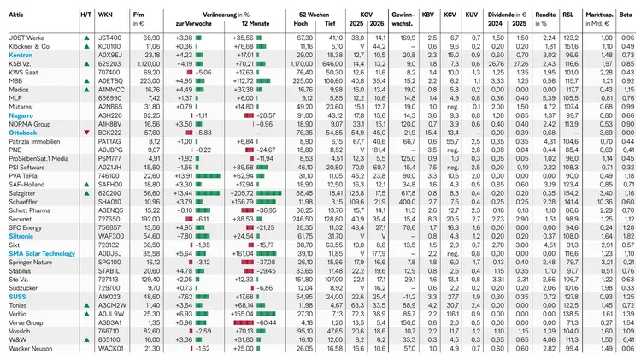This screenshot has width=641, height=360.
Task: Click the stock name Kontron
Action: pos(22,55)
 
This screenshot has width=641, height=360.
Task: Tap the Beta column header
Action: pos(627,15)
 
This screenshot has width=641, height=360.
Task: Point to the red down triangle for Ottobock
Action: pos(85,133)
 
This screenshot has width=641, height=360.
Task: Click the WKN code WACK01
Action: pos(111,349)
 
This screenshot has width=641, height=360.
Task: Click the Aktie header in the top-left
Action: pos(16,15)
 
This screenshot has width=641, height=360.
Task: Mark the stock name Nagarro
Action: pos(22,114)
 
